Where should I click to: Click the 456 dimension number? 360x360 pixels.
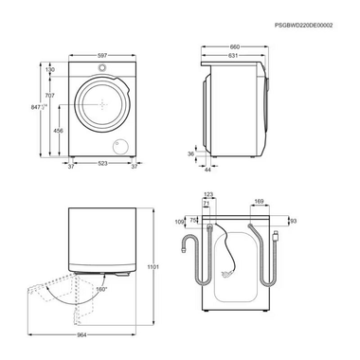tap(59, 131)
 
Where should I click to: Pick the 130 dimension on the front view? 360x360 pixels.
tap(49, 69)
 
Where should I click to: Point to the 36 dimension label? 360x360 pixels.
tap(189, 153)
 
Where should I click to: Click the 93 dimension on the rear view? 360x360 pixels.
tap(292, 221)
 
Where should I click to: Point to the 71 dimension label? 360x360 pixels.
tap(205, 203)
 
